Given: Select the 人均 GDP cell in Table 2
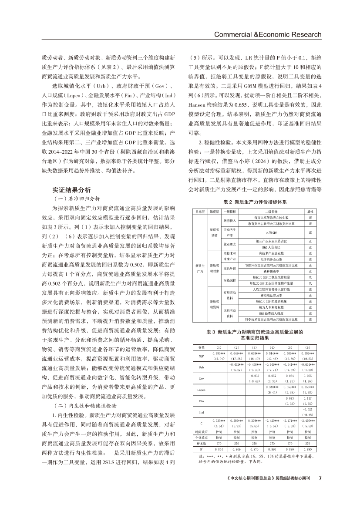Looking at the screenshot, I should pos(266,232).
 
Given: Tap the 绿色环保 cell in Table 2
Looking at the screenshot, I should pos(229,268).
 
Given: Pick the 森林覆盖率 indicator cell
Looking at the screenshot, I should pos(266,271).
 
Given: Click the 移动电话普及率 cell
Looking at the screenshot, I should pos(266,295).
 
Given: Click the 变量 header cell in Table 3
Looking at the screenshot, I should pos(201,347).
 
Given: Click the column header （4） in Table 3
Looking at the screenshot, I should pos(273,347).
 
